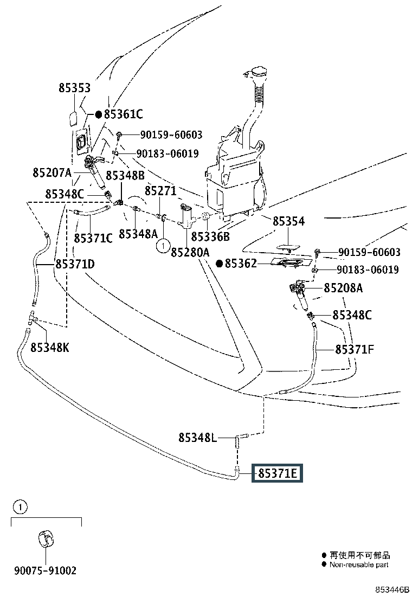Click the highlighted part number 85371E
point(277,473)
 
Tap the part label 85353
point(75,88)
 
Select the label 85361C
point(123,114)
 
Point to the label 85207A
point(52,174)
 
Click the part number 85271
point(160,191)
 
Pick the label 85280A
point(190,252)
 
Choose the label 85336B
point(211,236)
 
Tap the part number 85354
point(288,221)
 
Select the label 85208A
point(343,288)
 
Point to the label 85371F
point(354,350)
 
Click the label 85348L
point(198,437)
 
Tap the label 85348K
point(49,348)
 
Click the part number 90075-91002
point(45,570)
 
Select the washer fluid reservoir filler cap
point(257,75)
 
